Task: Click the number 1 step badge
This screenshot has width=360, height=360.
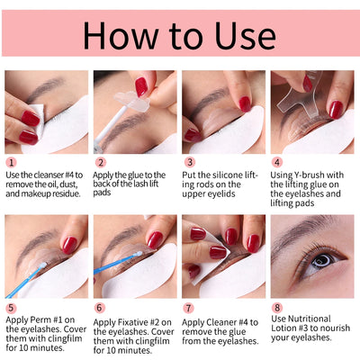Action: [x=11, y=164]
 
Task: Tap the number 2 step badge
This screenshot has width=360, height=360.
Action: [x=100, y=164]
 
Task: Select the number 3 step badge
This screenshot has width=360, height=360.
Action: [x=188, y=164]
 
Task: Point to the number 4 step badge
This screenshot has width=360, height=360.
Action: [x=277, y=164]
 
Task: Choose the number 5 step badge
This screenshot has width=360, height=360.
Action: [x=11, y=308]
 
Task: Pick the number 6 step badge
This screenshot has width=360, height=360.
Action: [x=100, y=308]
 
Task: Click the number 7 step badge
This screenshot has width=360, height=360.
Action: [x=188, y=308]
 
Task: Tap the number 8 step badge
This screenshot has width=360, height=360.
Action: [x=277, y=308]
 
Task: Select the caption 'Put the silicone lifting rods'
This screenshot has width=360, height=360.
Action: [x=221, y=185]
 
